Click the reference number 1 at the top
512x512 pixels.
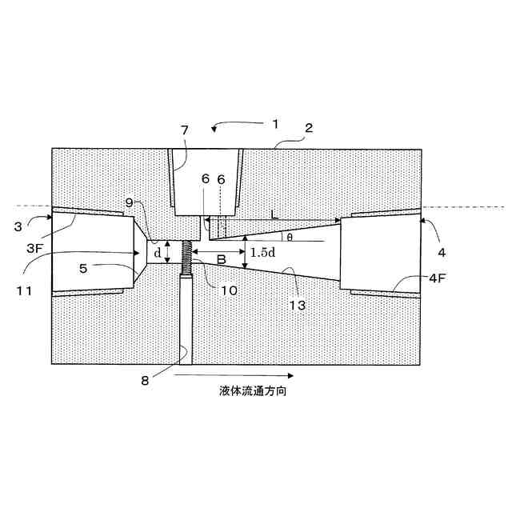[274, 124]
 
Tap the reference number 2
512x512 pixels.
[309, 128]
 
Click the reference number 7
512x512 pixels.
[184, 130]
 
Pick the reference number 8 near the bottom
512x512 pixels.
[145, 382]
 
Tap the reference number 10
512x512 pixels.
[229, 290]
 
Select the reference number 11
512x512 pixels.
[25, 290]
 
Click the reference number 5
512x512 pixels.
[84, 269]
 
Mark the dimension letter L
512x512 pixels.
[274, 214]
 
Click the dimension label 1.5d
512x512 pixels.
[263, 253]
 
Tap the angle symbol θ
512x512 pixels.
[290, 237]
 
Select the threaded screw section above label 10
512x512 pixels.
[188, 257]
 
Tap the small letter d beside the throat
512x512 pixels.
[158, 253]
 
